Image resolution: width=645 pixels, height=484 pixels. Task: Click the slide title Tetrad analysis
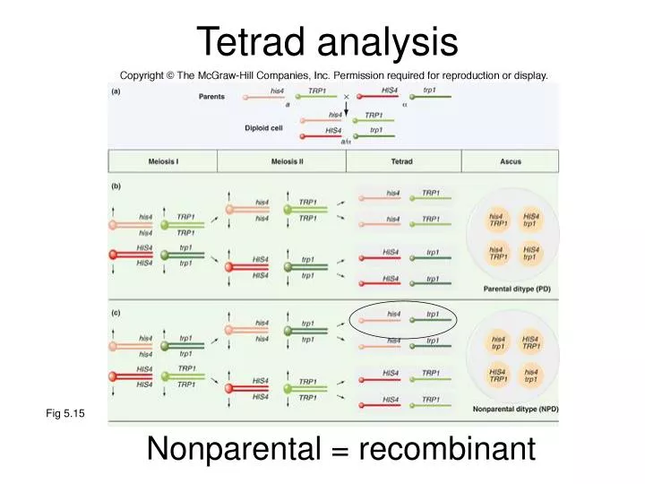[326, 40]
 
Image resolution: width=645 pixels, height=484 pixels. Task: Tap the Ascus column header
[511, 161]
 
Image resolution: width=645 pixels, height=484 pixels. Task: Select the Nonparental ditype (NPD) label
[515, 409]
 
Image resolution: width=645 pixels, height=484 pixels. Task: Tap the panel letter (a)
[116, 91]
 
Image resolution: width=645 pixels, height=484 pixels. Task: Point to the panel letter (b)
[116, 186]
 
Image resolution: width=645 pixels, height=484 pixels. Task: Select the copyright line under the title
[332, 75]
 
